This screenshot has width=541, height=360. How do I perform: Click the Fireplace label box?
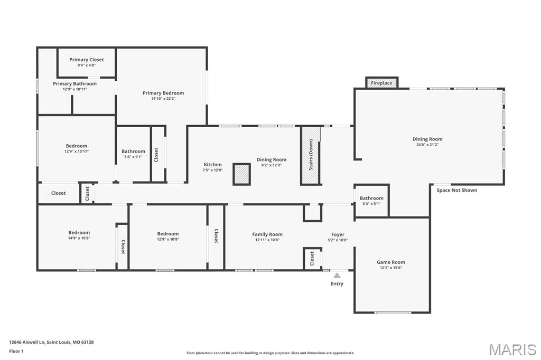coord(381,83)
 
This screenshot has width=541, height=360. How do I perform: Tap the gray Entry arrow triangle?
coord(337,275)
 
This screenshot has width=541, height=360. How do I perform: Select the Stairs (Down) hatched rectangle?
coord(311,155)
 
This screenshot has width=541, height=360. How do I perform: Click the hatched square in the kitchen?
coord(241,174)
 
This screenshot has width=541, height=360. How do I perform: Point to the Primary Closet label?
coord(87,60)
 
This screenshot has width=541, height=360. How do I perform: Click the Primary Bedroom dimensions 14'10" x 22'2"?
coord(163,99)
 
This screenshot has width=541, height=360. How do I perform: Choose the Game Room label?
coord(391,262)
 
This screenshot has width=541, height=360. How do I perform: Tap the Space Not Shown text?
coord(456,190)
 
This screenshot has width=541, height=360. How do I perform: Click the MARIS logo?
coord(512,349)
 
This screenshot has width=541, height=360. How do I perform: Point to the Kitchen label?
coord(213,164)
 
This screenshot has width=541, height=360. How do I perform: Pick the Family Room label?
coord(267,234)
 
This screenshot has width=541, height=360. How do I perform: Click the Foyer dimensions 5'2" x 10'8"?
coord(338,240)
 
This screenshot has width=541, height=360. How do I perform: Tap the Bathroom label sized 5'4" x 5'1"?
coord(371,198)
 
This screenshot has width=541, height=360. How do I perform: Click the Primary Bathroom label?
coord(74,83)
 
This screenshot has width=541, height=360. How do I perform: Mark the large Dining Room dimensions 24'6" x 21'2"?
coord(427,145)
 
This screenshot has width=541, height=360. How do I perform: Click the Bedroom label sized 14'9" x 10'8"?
coord(79,232)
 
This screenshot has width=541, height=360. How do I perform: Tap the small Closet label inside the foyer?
coord(312,258)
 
